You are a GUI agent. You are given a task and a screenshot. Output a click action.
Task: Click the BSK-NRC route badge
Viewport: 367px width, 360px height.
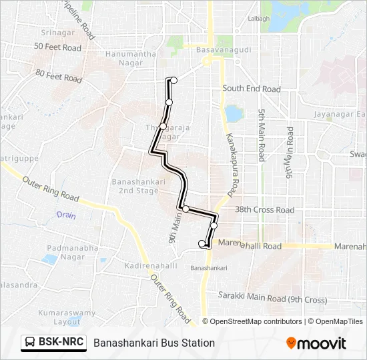pos(54,342)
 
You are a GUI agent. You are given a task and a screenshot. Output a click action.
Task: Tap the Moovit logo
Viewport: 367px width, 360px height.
pos(316,343)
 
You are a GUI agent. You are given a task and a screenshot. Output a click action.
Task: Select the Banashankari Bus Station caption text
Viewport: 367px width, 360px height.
pos(154,343)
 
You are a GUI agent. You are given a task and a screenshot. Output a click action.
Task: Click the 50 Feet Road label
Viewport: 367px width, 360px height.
pos(57,48)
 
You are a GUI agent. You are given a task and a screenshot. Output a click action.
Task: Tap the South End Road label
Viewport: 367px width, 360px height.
pos(252,89)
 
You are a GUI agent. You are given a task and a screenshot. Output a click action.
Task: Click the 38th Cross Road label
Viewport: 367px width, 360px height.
pos(265,210)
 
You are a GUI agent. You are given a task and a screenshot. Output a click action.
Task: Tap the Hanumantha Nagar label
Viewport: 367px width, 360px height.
pos(131,59)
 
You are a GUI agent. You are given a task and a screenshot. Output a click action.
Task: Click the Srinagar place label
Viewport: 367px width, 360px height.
pos(59,32)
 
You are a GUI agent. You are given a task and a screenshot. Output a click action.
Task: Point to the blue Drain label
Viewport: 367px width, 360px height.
pos(66,215)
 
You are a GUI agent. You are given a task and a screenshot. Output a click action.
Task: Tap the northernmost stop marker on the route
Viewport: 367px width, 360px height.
pos(174,80)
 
